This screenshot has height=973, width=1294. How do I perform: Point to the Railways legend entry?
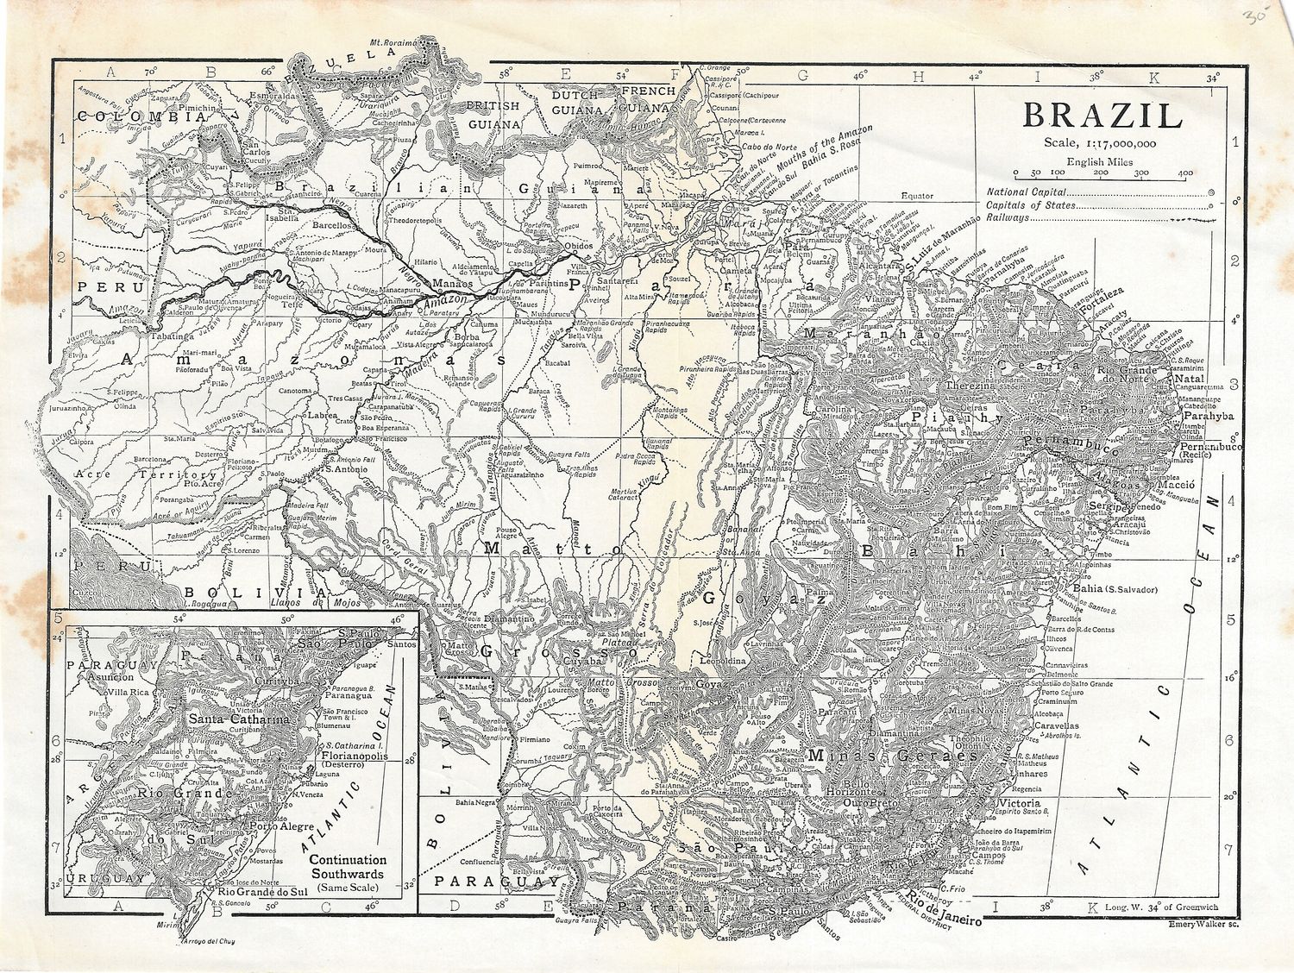point(1008,218)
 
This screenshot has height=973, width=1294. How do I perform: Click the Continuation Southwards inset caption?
point(348,867)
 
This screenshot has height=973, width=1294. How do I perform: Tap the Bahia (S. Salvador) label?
point(1113,590)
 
